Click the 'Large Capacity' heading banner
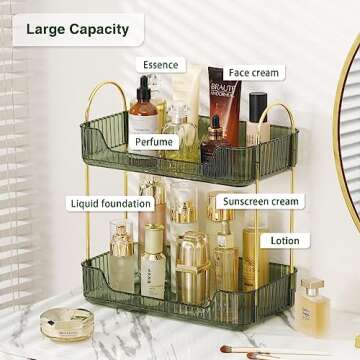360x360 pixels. coord(77,29)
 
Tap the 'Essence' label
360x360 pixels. coord(160,65)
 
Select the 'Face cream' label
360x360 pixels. coord(254,73)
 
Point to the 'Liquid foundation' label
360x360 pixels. coord(111,203)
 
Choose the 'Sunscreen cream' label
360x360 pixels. coord(260,201)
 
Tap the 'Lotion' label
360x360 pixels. coord(284,241)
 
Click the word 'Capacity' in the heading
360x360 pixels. coord(104,29)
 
